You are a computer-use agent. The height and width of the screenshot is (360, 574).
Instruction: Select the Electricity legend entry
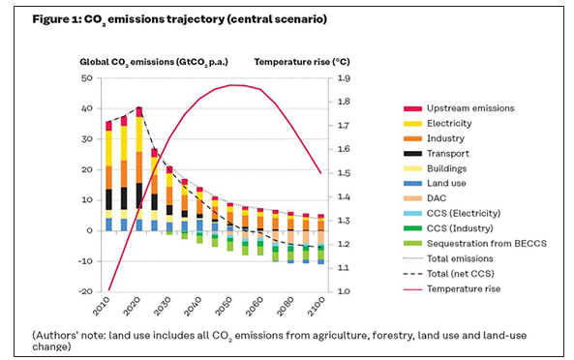[436, 123]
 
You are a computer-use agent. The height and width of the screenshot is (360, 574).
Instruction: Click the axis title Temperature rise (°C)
[301, 61]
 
